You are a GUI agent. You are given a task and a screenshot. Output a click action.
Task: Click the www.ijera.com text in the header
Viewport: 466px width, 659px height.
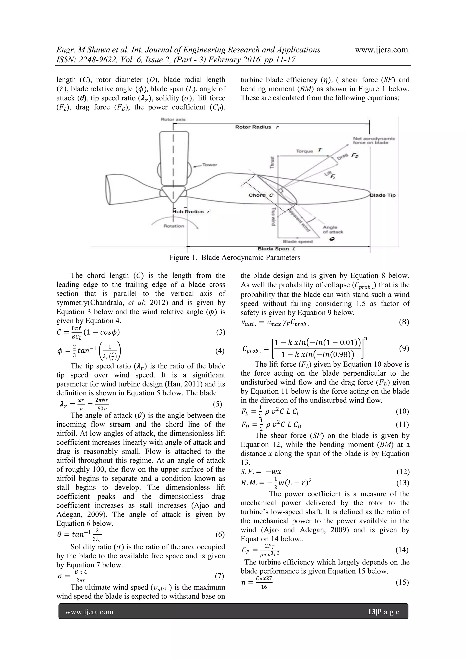[x=381, y=50]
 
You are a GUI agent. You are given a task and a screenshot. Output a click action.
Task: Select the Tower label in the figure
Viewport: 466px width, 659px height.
[x=210, y=165]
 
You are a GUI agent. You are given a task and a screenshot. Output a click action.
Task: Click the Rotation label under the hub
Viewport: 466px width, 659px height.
[x=174, y=226]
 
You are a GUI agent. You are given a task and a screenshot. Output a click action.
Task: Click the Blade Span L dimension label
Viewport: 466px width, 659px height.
[x=277, y=249]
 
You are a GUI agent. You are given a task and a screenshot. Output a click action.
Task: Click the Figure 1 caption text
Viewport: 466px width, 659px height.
[x=234, y=257]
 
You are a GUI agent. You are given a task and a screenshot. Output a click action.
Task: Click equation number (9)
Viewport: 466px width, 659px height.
[x=404, y=349]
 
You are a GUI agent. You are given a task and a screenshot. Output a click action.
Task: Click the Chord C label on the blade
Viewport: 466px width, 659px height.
[x=261, y=195]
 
